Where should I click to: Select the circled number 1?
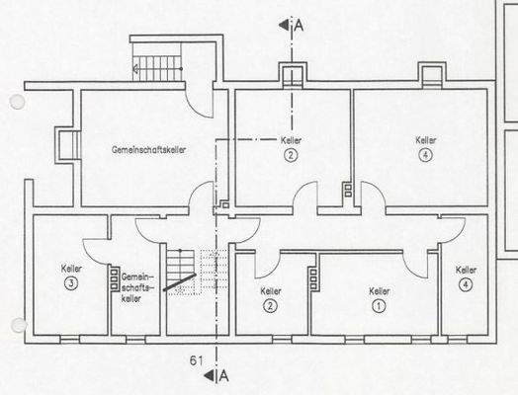[378, 306]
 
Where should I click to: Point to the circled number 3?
[71, 283]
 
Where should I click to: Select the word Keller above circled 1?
[378, 291]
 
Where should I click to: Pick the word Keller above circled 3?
[71, 269]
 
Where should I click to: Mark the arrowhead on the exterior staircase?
[134, 70]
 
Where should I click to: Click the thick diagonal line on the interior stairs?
[178, 284]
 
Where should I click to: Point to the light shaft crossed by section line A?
[292, 75]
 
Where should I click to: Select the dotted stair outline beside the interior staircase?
[210, 273]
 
